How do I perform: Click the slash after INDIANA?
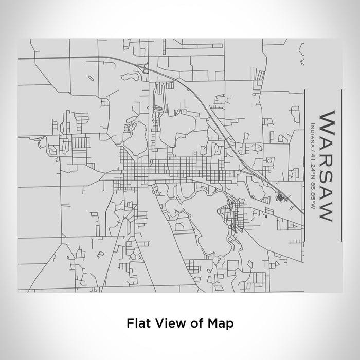pos(313,145)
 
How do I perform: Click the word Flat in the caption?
pos(137,324)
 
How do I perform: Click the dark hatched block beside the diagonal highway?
pos(281,197)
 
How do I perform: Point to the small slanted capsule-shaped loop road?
pos(91,79)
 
